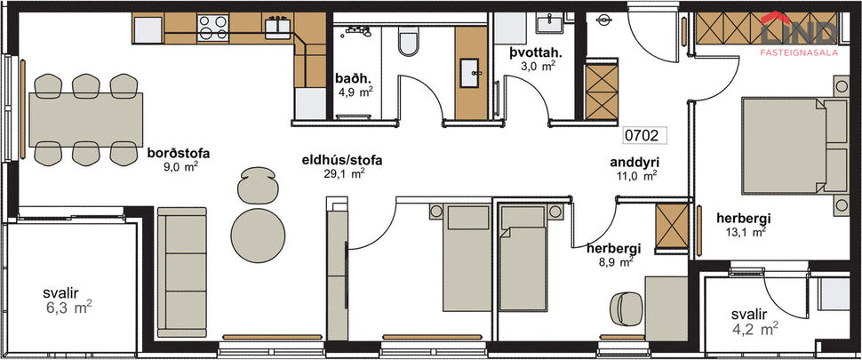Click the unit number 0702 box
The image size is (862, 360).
point(641,136)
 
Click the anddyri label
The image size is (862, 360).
point(634,163)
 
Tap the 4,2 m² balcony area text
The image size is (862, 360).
point(755,330)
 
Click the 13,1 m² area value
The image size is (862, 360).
point(745,233)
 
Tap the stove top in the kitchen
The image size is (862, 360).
point(212,28)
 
